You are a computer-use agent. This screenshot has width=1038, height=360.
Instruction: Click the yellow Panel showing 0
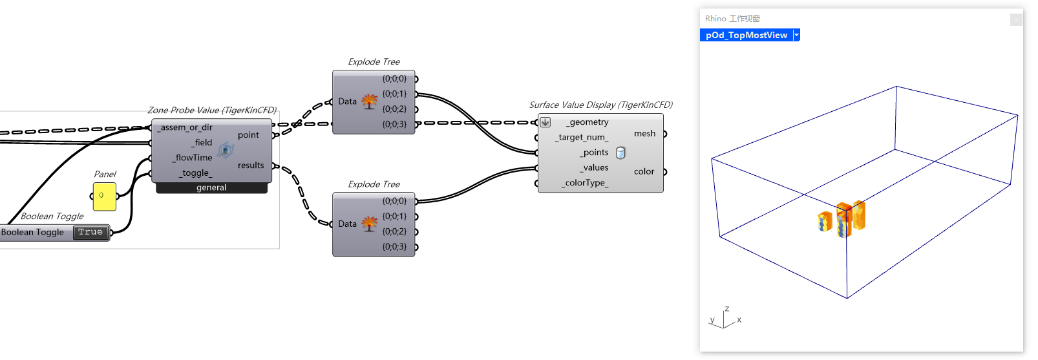click(104, 196)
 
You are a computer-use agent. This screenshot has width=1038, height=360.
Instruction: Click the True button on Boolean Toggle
click(90, 232)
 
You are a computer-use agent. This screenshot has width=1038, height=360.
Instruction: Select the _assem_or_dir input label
click(186, 127)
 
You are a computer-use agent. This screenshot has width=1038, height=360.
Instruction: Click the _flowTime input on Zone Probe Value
click(193, 158)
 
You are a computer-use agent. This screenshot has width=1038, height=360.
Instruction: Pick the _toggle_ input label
click(195, 173)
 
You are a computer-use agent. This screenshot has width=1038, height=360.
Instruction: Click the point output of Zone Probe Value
click(248, 135)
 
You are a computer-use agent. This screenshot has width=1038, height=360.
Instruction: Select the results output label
click(251, 165)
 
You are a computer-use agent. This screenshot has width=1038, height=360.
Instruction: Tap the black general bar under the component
click(211, 187)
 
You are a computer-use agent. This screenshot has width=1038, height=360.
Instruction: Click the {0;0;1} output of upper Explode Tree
click(394, 94)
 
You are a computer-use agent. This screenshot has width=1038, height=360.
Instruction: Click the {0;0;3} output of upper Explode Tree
click(394, 124)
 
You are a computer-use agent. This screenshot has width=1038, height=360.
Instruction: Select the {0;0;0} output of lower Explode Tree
click(394, 202)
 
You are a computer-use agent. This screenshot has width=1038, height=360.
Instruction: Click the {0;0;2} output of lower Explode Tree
click(394, 231)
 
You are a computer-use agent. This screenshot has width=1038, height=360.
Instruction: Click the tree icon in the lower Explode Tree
click(370, 224)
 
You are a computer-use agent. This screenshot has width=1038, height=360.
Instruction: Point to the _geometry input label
click(588, 122)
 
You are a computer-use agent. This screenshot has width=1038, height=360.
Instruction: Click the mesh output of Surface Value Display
click(644, 134)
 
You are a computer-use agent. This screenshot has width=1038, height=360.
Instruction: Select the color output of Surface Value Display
click(644, 172)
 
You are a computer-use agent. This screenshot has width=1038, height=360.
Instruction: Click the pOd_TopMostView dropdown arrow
click(797, 35)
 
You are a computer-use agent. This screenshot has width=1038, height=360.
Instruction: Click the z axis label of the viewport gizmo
click(727, 309)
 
